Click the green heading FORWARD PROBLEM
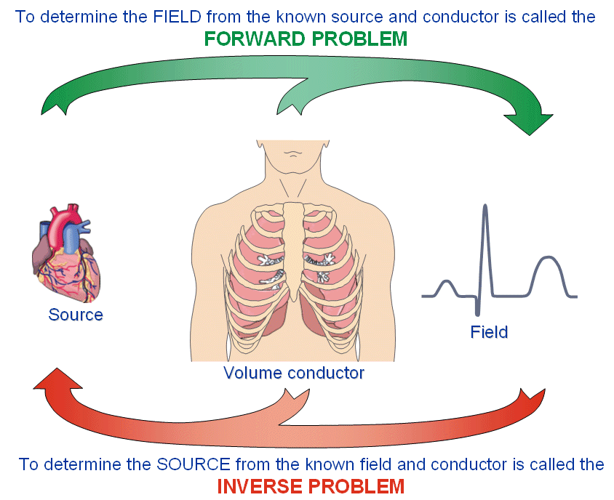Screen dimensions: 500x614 [x=306, y=39]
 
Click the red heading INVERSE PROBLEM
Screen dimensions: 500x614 [x=311, y=485]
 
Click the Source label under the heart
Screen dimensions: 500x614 [x=76, y=315]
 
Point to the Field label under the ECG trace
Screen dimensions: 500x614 [x=489, y=332]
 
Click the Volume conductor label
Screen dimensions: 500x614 [x=294, y=374]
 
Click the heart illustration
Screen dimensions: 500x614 [x=64, y=254]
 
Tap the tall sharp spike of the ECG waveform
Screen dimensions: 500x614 [x=485, y=233]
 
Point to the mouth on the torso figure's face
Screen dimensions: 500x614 [x=293, y=153]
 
